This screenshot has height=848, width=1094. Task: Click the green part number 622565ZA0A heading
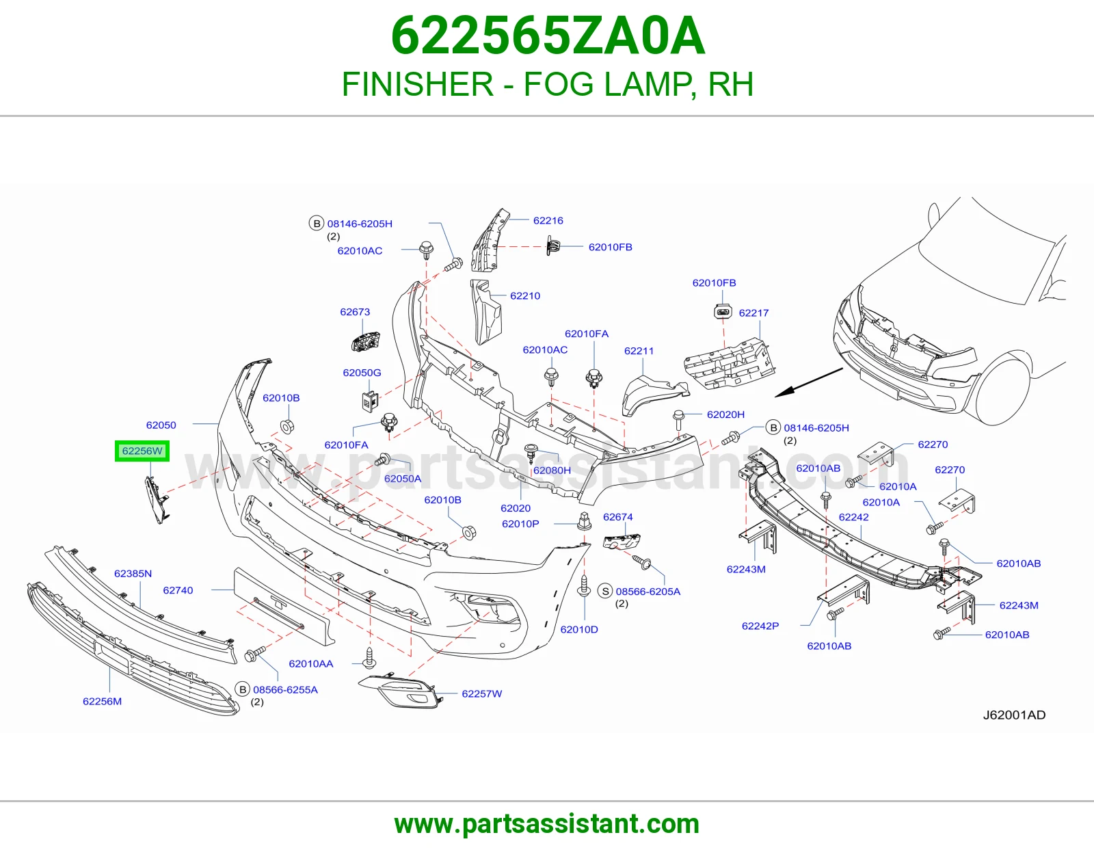click(548, 36)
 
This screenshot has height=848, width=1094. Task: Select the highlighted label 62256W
click(142, 451)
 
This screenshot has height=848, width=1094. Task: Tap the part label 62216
click(548, 221)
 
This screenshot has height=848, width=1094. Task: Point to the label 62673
click(355, 312)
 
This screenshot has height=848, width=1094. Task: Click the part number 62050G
click(362, 373)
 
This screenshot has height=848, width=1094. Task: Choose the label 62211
click(639, 351)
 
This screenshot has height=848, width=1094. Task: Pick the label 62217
click(753, 313)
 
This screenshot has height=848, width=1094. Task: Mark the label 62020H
click(725, 414)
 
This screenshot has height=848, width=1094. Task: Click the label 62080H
click(552, 471)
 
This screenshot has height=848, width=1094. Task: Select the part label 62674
click(617, 516)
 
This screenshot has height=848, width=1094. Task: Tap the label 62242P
click(760, 626)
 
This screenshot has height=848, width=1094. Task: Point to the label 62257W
click(482, 693)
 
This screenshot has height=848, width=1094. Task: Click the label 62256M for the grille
click(102, 702)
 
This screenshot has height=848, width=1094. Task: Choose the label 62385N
click(133, 574)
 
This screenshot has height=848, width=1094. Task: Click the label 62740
click(178, 590)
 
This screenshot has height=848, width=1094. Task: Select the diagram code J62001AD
click(1014, 715)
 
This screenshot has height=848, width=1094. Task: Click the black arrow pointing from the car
click(809, 383)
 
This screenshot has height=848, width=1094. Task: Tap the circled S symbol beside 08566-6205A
click(606, 591)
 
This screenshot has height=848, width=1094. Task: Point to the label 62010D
click(579, 629)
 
